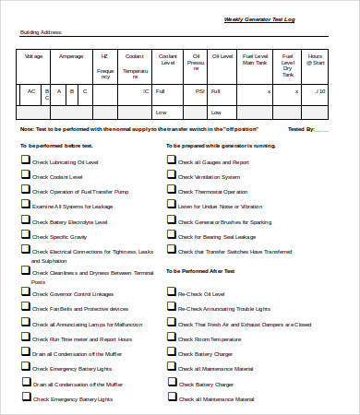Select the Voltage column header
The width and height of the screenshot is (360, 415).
click(x=33, y=56)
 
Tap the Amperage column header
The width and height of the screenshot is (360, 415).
click(x=71, y=56)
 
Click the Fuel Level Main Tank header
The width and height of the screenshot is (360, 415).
click(x=254, y=59)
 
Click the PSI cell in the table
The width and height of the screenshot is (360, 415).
click(x=199, y=91)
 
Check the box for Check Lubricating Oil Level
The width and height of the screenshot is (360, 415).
click(x=25, y=160)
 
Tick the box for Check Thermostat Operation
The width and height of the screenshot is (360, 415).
click(x=172, y=189)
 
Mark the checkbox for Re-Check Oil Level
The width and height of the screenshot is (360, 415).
click(x=172, y=290)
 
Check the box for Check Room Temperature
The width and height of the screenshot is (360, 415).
click(x=172, y=338)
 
